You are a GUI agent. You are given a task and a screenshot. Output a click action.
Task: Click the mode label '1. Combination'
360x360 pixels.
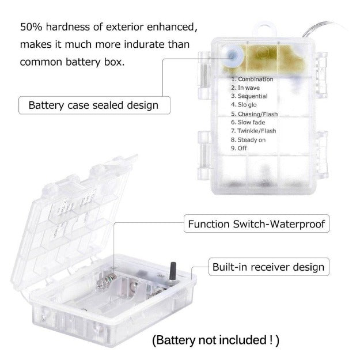(252, 79)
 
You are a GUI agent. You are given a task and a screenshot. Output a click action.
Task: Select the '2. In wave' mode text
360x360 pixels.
(245, 88)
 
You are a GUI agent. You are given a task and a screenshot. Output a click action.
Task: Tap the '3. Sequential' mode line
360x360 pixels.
(249, 96)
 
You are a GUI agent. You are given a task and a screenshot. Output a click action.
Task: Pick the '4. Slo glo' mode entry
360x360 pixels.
(244, 105)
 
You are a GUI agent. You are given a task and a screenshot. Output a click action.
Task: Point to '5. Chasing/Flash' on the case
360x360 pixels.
(254, 114)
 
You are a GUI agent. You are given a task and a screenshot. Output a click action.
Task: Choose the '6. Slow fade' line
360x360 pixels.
(248, 122)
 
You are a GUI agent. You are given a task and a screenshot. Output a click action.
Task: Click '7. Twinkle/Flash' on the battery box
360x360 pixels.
(253, 131)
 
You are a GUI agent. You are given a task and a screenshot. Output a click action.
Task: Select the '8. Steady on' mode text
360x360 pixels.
(248, 139)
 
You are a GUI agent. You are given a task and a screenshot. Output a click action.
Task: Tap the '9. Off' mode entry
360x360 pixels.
(239, 148)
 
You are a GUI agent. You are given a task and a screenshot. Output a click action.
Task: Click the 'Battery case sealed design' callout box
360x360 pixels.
(94, 105)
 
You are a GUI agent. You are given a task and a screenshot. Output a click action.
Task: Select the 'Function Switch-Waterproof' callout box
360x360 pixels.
(256, 223)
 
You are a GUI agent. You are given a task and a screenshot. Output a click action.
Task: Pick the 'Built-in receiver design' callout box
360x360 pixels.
(268, 267)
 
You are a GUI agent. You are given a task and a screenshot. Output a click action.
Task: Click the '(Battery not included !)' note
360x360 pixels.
(215, 340)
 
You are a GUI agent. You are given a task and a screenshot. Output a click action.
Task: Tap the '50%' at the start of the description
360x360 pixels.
(31, 27)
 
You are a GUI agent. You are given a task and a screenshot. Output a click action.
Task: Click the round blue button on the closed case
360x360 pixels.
(233, 55)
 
